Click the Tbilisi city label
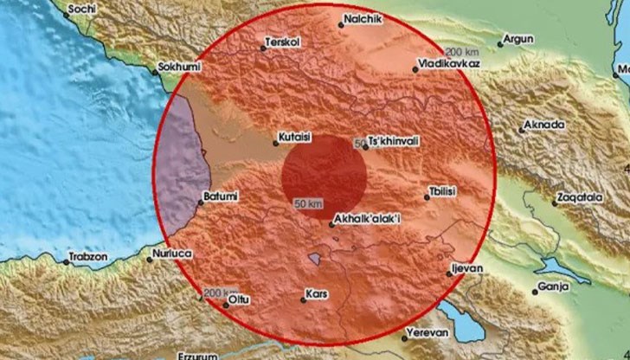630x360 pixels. coord(447,191)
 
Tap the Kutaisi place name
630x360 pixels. coord(296,137)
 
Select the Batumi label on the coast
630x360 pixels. coord(217,196)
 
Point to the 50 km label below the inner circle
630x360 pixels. coord(309,203)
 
